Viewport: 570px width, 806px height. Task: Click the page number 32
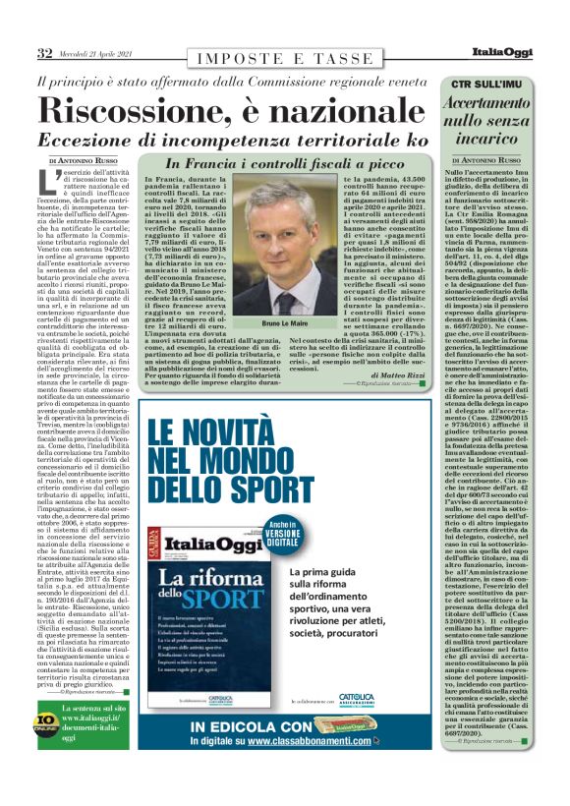(x=44, y=51)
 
